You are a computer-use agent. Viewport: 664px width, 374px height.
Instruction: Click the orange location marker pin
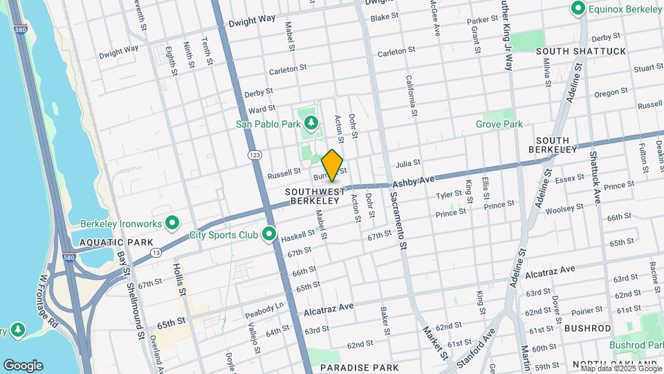(x=332, y=165)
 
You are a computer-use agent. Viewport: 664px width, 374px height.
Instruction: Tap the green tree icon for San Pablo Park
(x=311, y=124)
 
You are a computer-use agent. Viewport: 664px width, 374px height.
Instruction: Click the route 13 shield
(x=157, y=253)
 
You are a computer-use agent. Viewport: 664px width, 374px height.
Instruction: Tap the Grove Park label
(x=499, y=124)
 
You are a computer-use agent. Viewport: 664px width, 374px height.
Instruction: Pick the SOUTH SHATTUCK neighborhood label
(x=580, y=51)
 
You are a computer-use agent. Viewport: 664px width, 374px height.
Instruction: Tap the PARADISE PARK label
(x=360, y=367)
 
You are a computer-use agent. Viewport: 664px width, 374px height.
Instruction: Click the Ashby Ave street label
(x=414, y=182)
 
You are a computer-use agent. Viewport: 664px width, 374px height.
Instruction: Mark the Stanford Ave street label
(x=481, y=341)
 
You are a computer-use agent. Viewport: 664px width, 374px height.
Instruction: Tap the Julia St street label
(x=406, y=164)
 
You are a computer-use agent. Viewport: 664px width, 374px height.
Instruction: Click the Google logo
(x=23, y=366)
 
